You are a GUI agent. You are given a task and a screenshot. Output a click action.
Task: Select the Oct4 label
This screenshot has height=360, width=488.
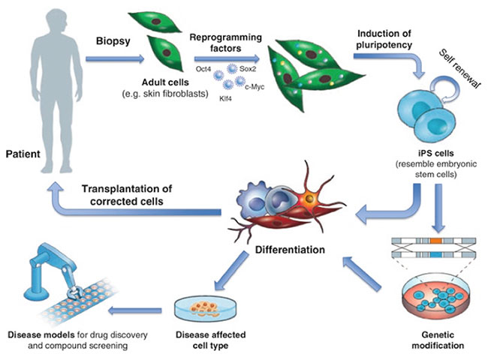pos(203,70)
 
